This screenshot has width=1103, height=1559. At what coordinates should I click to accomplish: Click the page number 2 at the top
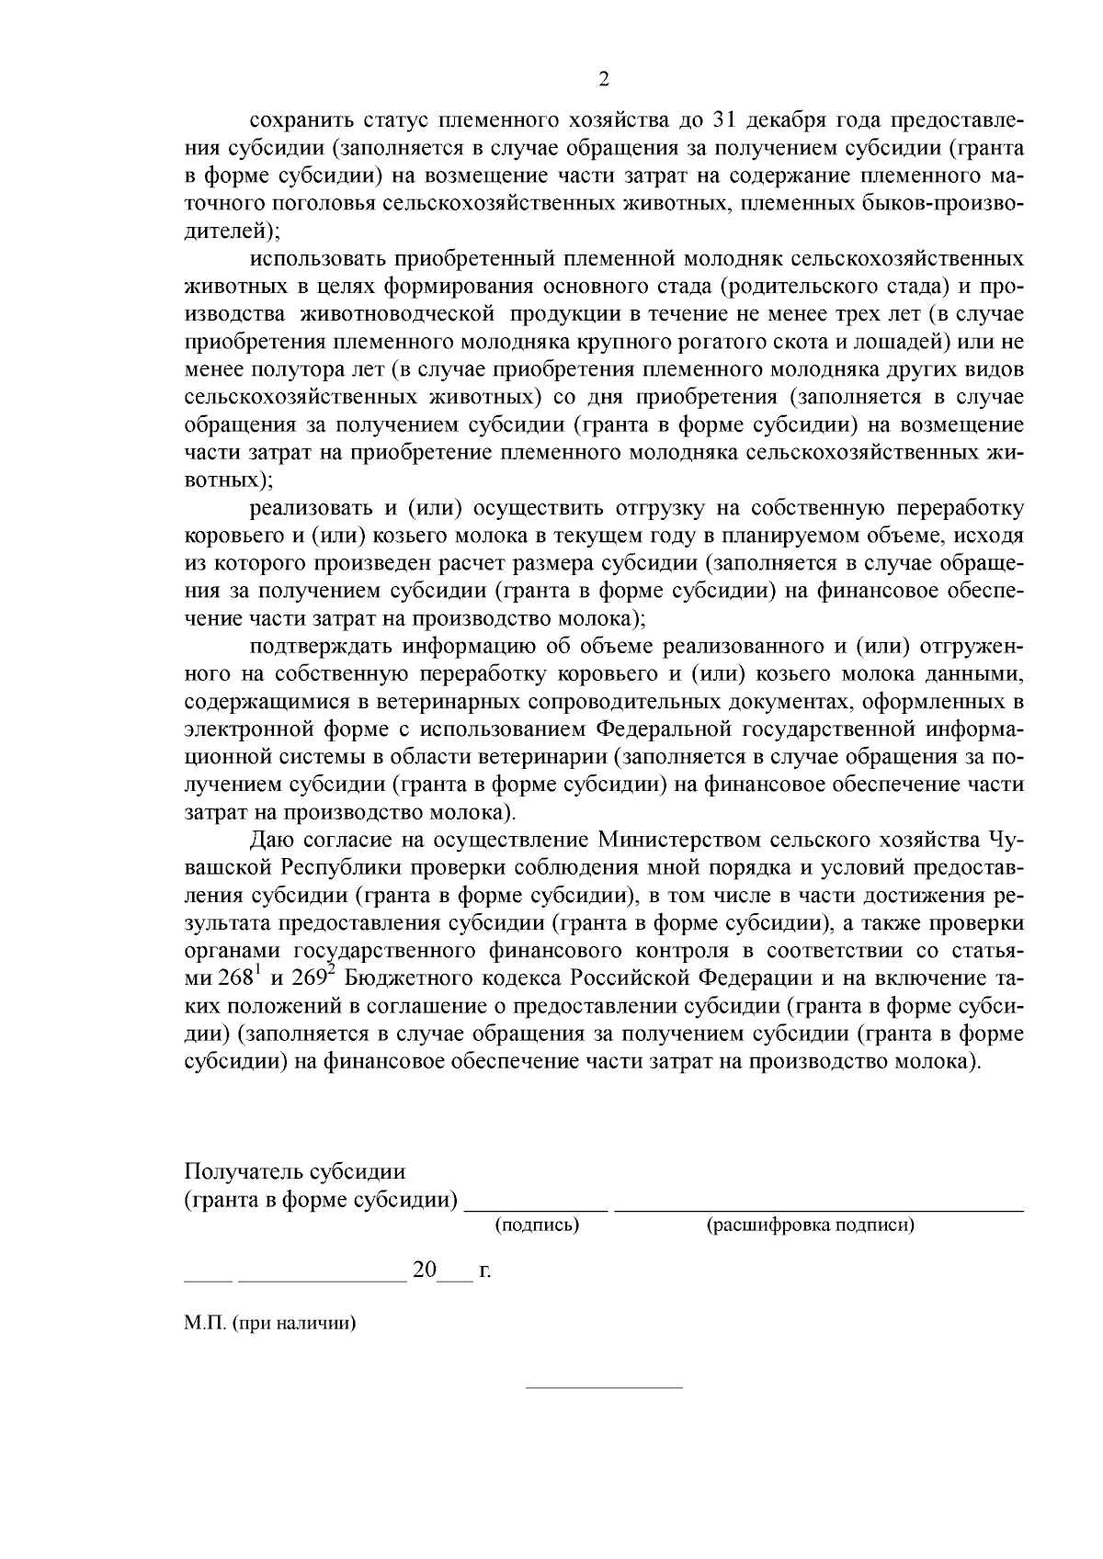coord(604,79)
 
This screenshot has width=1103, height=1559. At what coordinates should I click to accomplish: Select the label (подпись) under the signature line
coord(537,1225)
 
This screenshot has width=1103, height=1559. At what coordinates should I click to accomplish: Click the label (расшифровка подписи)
coord(810,1225)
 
